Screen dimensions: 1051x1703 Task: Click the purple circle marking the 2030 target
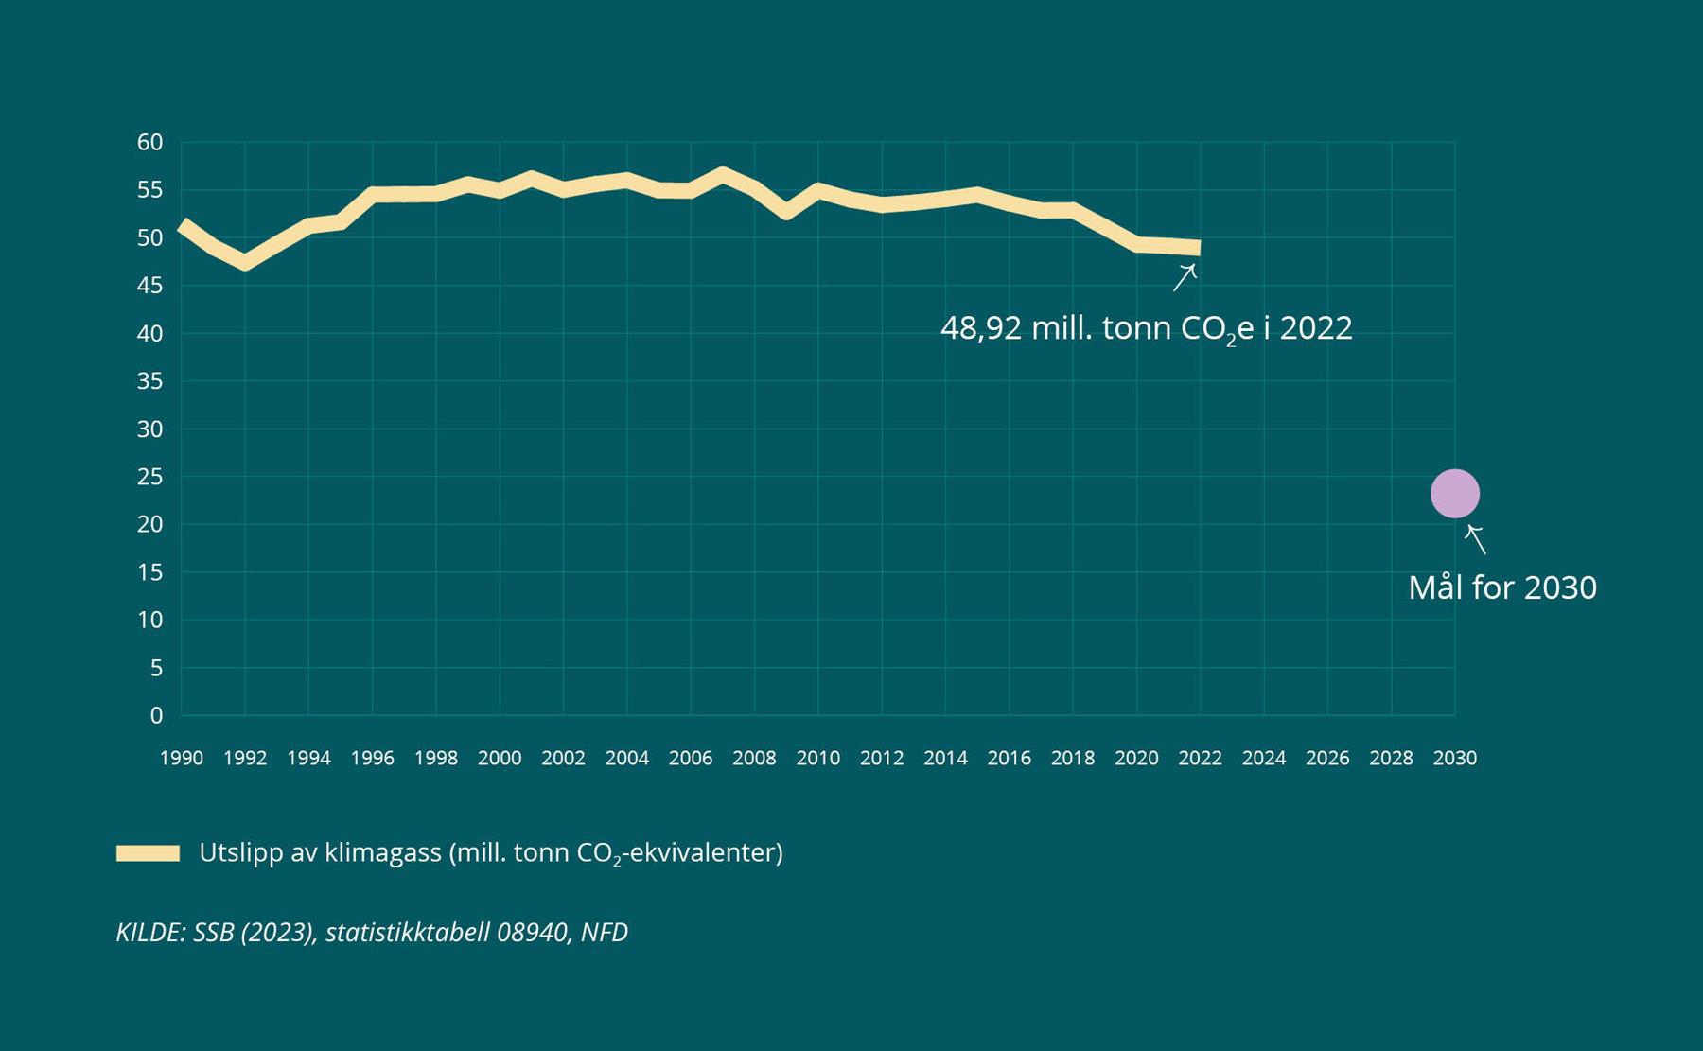pos(1454,494)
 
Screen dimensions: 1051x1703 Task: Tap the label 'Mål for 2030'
pos(1501,587)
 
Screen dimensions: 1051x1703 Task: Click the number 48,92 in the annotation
pos(980,328)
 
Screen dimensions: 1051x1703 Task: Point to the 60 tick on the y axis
pos(150,143)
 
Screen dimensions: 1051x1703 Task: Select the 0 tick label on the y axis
pos(156,715)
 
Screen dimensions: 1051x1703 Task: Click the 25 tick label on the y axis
pos(150,477)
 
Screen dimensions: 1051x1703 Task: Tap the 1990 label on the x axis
pos(181,758)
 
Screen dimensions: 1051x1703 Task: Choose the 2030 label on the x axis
pos(1454,758)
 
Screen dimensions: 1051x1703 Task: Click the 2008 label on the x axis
pos(754,758)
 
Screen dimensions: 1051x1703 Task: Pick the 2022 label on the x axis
pos(1200,758)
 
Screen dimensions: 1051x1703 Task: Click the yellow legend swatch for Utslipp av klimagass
pos(148,853)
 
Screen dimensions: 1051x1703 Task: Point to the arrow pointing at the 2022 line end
pos(1185,277)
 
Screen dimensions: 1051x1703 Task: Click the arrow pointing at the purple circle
pos(1475,539)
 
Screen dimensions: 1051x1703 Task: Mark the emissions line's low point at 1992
pos(245,262)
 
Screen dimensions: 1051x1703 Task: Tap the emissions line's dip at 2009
pos(786,212)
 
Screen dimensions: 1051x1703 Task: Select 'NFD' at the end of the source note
pos(605,933)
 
